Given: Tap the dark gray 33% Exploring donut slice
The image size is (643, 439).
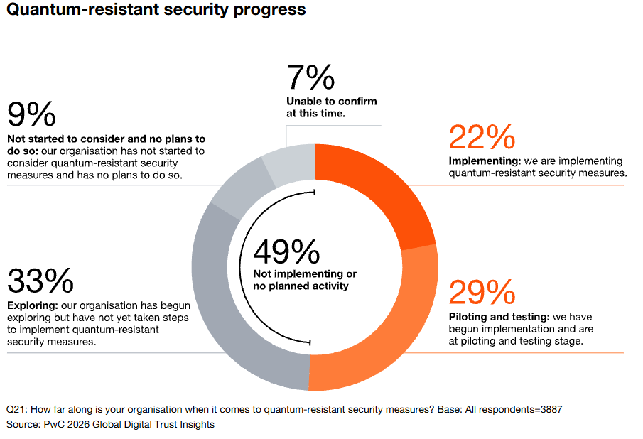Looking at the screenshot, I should click(x=234, y=313).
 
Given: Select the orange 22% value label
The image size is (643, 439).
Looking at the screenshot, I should click(x=482, y=138).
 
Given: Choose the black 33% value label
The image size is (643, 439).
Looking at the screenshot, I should click(x=40, y=280).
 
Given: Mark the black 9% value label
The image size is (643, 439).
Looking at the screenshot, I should click(x=31, y=114).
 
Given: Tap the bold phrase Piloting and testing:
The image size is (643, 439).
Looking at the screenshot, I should click(x=500, y=317).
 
